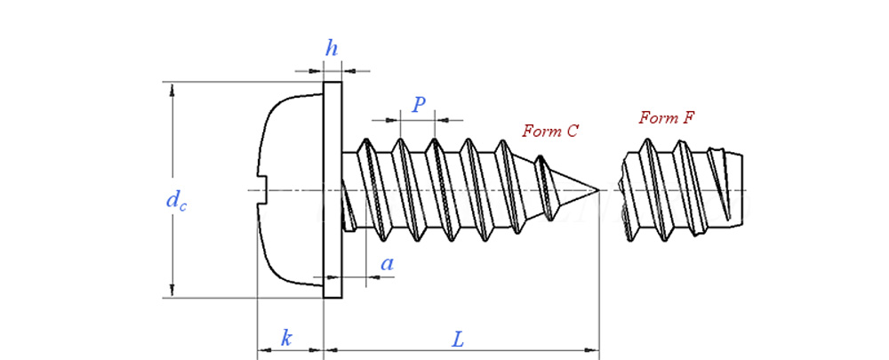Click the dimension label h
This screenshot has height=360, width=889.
pyautogui.click(x=332, y=49)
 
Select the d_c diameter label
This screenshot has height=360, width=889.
pyautogui.click(x=176, y=201)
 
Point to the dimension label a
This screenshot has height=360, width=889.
pyautogui.click(x=387, y=263)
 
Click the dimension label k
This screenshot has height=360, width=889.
pyautogui.click(x=286, y=338)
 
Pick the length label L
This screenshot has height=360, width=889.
pyautogui.click(x=458, y=339)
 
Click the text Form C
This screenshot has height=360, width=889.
pyautogui.click(x=550, y=131)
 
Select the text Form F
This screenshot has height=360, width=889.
pyautogui.click(x=666, y=117)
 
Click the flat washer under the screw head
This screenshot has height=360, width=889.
pyautogui.click(x=332, y=190)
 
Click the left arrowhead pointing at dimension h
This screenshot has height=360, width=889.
pyautogui.click(x=316, y=69)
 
